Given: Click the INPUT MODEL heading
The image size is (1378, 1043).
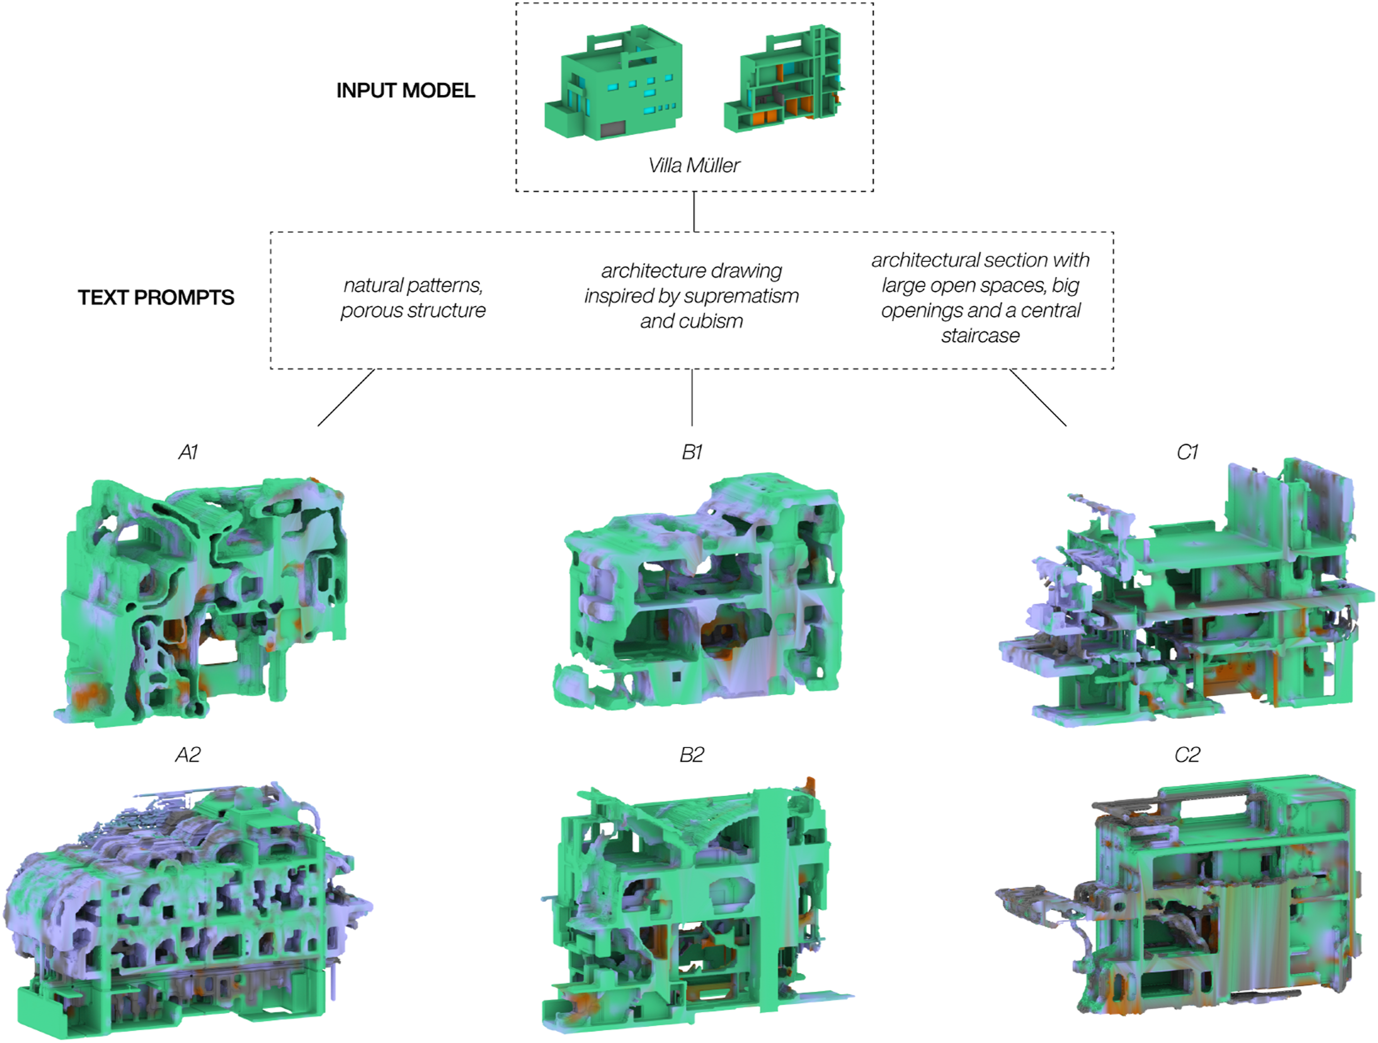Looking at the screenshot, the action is click(x=405, y=90).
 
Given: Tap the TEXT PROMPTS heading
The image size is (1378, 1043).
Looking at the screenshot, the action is click(x=156, y=297).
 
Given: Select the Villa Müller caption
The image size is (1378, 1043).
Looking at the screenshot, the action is click(x=694, y=165).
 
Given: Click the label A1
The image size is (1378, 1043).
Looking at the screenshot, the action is click(x=188, y=452).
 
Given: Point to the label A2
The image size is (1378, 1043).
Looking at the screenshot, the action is click(x=188, y=755).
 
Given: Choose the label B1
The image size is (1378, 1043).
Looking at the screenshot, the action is click(x=692, y=452).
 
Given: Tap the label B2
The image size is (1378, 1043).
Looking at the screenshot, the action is click(x=691, y=755).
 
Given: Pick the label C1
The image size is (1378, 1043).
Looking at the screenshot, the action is click(x=1187, y=452).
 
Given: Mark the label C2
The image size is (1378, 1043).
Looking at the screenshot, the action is click(x=1187, y=755).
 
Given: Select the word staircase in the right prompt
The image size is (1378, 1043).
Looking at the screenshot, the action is click(x=980, y=336).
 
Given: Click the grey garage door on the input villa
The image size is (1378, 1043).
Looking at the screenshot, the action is click(x=612, y=129).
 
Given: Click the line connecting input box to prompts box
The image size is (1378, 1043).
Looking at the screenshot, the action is click(x=694, y=212).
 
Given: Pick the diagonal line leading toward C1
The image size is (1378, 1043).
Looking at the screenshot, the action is click(x=1038, y=398).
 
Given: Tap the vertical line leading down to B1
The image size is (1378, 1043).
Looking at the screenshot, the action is click(x=692, y=398).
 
